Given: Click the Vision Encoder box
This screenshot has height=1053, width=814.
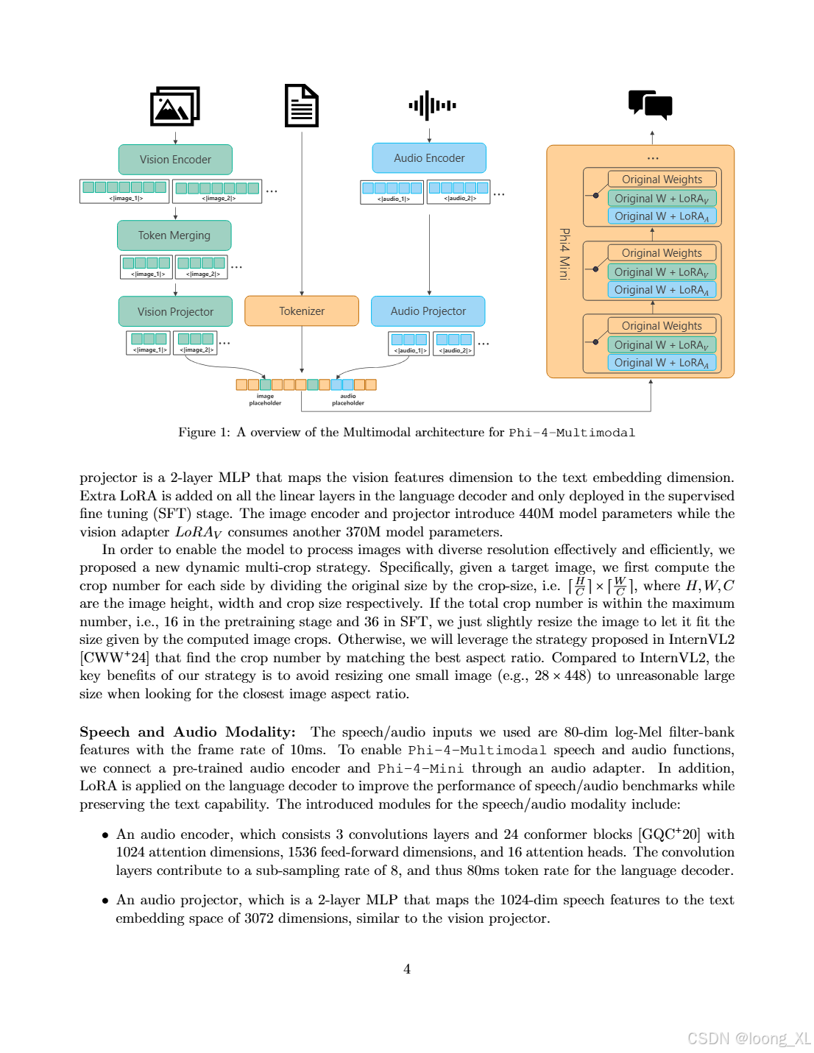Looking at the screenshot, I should pos(175,160).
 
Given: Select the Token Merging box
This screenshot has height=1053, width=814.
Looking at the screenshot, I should pos(174,235).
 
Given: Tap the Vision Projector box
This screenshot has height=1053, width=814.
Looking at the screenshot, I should pos(175,311).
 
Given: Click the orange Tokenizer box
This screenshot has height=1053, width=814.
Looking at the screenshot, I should pos(302,311).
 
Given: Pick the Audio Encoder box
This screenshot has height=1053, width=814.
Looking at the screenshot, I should pos(429,158).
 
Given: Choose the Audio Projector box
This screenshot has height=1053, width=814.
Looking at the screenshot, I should pos(428,311).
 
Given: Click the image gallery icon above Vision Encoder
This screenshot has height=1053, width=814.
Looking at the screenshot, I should pos(175,107).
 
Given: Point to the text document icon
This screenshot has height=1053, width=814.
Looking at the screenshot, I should pos(302,106).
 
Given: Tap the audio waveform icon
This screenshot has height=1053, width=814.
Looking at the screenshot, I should pos(432,106).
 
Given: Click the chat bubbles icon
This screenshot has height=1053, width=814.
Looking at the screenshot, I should pos(651,104).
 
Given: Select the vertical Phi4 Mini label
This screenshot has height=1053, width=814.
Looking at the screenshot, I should pos(565,254).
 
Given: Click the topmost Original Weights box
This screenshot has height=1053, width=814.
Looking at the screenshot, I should pos(662,180).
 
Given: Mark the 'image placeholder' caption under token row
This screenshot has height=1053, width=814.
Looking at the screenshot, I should pos(265,400).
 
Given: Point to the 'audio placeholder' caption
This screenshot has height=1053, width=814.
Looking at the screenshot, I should pos(348,400).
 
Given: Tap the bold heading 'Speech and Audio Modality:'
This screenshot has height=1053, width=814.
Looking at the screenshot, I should pos(187,732).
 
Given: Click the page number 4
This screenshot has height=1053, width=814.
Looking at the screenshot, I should pos(407,969).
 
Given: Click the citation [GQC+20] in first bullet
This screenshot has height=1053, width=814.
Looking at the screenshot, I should pos(668,834).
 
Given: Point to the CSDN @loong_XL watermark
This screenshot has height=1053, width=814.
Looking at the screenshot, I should pos(748,1038).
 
